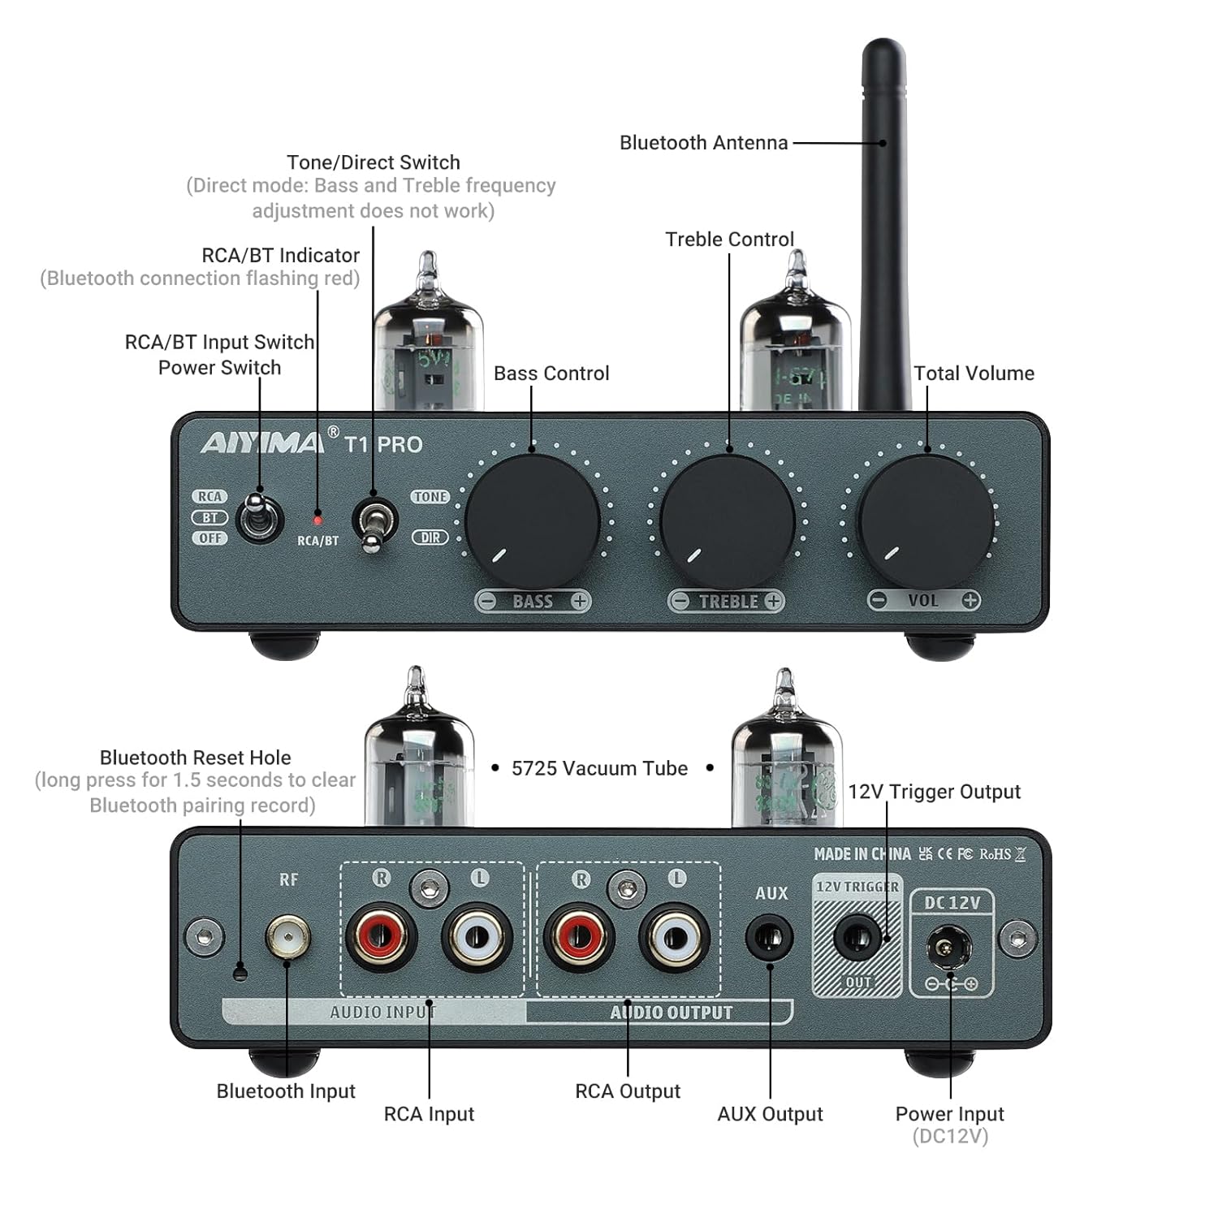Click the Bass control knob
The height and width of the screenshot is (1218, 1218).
[532, 520]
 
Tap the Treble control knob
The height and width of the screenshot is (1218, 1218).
[728, 520]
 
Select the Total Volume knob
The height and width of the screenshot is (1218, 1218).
[926, 520]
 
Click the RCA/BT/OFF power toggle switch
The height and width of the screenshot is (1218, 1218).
[258, 518]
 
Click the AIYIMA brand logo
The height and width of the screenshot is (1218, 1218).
[262, 443]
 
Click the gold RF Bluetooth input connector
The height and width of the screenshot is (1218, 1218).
[287, 938]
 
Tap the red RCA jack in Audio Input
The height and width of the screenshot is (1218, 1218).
[382, 938]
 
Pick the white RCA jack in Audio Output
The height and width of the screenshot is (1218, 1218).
[674, 938]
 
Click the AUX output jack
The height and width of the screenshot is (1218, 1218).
[769, 938]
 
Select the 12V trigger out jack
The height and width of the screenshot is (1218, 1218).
[857, 939]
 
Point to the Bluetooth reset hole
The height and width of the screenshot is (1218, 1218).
[240, 971]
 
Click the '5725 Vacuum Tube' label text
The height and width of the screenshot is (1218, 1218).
[599, 768]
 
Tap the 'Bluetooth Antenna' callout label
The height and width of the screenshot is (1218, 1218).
[703, 143]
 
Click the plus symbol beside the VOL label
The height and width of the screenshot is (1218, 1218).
[970, 600]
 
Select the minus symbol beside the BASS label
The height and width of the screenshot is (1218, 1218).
[486, 602]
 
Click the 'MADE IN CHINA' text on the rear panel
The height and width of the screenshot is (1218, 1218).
[862, 854]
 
